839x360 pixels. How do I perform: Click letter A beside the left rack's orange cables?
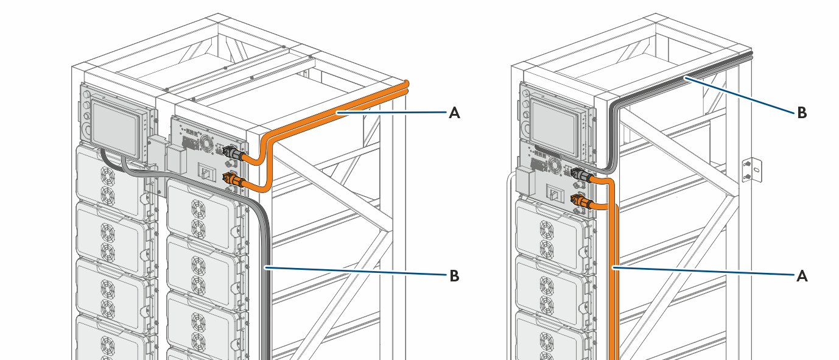click(x=454, y=112)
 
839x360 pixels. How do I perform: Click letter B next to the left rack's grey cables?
click(x=454, y=276)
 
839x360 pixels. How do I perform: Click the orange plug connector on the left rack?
click(x=232, y=179)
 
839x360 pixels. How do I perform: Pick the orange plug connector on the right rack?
click(x=579, y=200)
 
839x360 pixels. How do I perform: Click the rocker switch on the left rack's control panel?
click(x=208, y=173)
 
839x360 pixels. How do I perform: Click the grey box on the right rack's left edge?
click(x=523, y=180)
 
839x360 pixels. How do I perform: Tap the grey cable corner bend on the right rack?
click(x=615, y=107)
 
